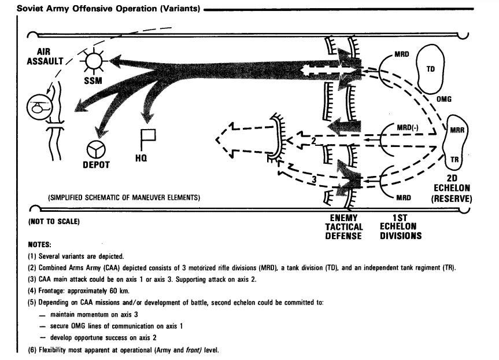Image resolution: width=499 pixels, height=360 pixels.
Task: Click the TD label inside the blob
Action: [x=430, y=69]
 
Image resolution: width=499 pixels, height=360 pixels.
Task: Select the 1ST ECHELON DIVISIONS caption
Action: [x=400, y=227]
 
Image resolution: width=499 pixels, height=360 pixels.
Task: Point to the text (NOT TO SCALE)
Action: [x=53, y=222]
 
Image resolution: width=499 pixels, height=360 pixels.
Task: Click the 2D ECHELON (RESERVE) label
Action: [x=452, y=189]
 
